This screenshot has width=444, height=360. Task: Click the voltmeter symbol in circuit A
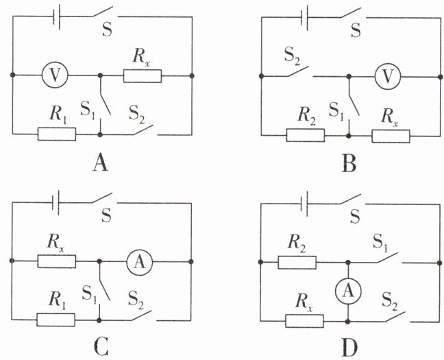click(x=55, y=75)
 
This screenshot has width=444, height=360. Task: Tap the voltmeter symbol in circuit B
click(x=388, y=76)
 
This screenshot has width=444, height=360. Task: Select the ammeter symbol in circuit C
click(x=140, y=262)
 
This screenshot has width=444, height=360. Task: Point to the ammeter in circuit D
click(x=348, y=291)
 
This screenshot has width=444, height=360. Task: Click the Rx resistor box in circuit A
click(x=143, y=76)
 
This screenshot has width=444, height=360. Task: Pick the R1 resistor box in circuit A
click(x=57, y=134)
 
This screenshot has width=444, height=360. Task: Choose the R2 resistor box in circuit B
click(x=306, y=135)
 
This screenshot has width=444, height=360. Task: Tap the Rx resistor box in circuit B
click(x=391, y=136)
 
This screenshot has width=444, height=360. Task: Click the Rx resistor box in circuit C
click(x=57, y=261)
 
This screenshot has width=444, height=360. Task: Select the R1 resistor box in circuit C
click(x=56, y=320)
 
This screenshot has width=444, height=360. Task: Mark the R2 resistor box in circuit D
click(x=297, y=262)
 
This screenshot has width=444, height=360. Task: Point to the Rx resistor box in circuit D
click(x=304, y=321)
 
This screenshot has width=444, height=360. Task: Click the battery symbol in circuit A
click(x=56, y=19)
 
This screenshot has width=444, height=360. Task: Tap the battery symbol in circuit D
click(x=304, y=204)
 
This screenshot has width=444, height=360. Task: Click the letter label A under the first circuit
click(x=100, y=163)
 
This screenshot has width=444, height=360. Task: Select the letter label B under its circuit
click(x=349, y=164)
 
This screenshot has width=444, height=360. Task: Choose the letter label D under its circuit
click(x=349, y=348)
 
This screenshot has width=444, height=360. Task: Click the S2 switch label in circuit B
click(x=293, y=57)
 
